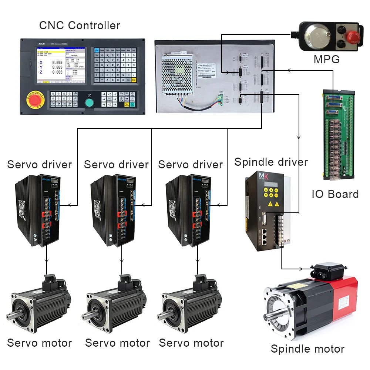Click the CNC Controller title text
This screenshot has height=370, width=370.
click(x=80, y=26)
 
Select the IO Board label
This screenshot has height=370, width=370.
click(x=335, y=194)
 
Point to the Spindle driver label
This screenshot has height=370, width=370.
click(x=271, y=162)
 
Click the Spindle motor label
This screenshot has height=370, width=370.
click(x=307, y=349)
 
